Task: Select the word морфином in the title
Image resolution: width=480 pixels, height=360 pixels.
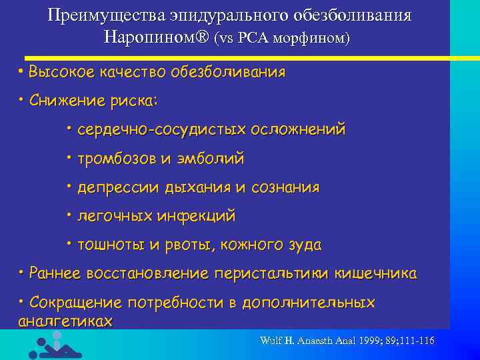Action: point(313,38)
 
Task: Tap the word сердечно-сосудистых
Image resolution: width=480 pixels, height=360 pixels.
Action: point(163,129)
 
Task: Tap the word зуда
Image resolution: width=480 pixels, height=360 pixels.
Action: point(303,245)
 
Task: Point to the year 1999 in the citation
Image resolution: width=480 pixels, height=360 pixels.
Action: point(369,341)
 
